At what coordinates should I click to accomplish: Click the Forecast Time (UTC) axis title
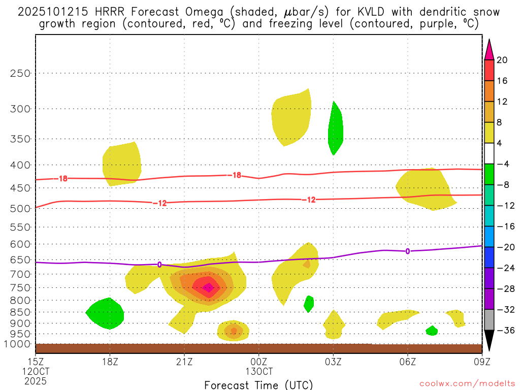(258, 384)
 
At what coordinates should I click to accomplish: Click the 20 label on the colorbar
(502, 60)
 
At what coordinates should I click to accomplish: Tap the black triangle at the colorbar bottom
(489, 340)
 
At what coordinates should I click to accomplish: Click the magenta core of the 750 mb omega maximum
(208, 287)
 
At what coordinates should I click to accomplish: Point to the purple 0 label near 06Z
(408, 251)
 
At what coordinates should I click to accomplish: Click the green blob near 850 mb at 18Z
(106, 313)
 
